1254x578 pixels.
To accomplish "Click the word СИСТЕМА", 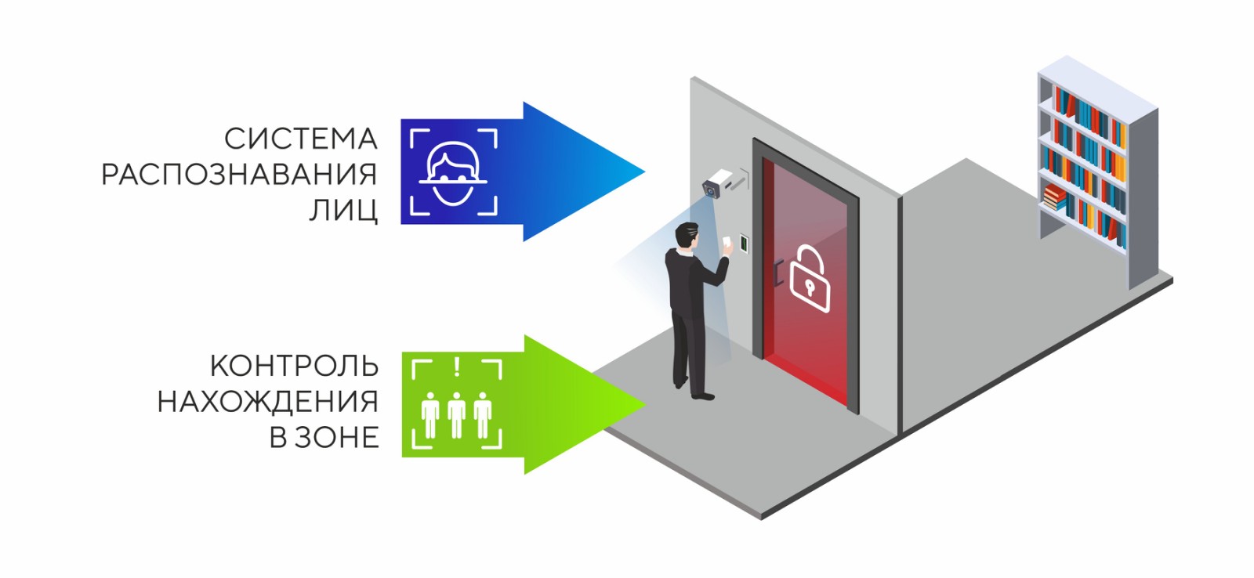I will pos(300,139).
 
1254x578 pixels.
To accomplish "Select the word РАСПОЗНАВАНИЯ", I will pos(239,174).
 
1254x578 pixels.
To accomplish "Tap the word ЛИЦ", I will pos(343,210).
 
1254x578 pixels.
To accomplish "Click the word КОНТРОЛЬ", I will pos(294,366).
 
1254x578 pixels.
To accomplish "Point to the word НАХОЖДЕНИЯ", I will pos(267,402).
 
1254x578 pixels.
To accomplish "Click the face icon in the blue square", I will pos(453,172).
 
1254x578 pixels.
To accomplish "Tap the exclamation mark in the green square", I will pos(457,367).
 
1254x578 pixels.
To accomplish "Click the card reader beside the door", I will pos(743,244).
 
